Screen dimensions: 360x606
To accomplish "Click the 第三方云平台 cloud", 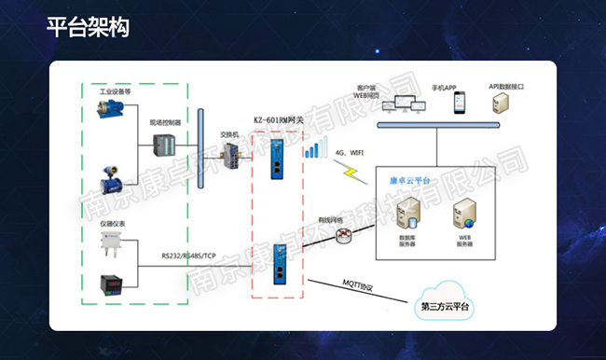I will (446, 302).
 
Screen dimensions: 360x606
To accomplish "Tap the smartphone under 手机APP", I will (459, 103).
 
